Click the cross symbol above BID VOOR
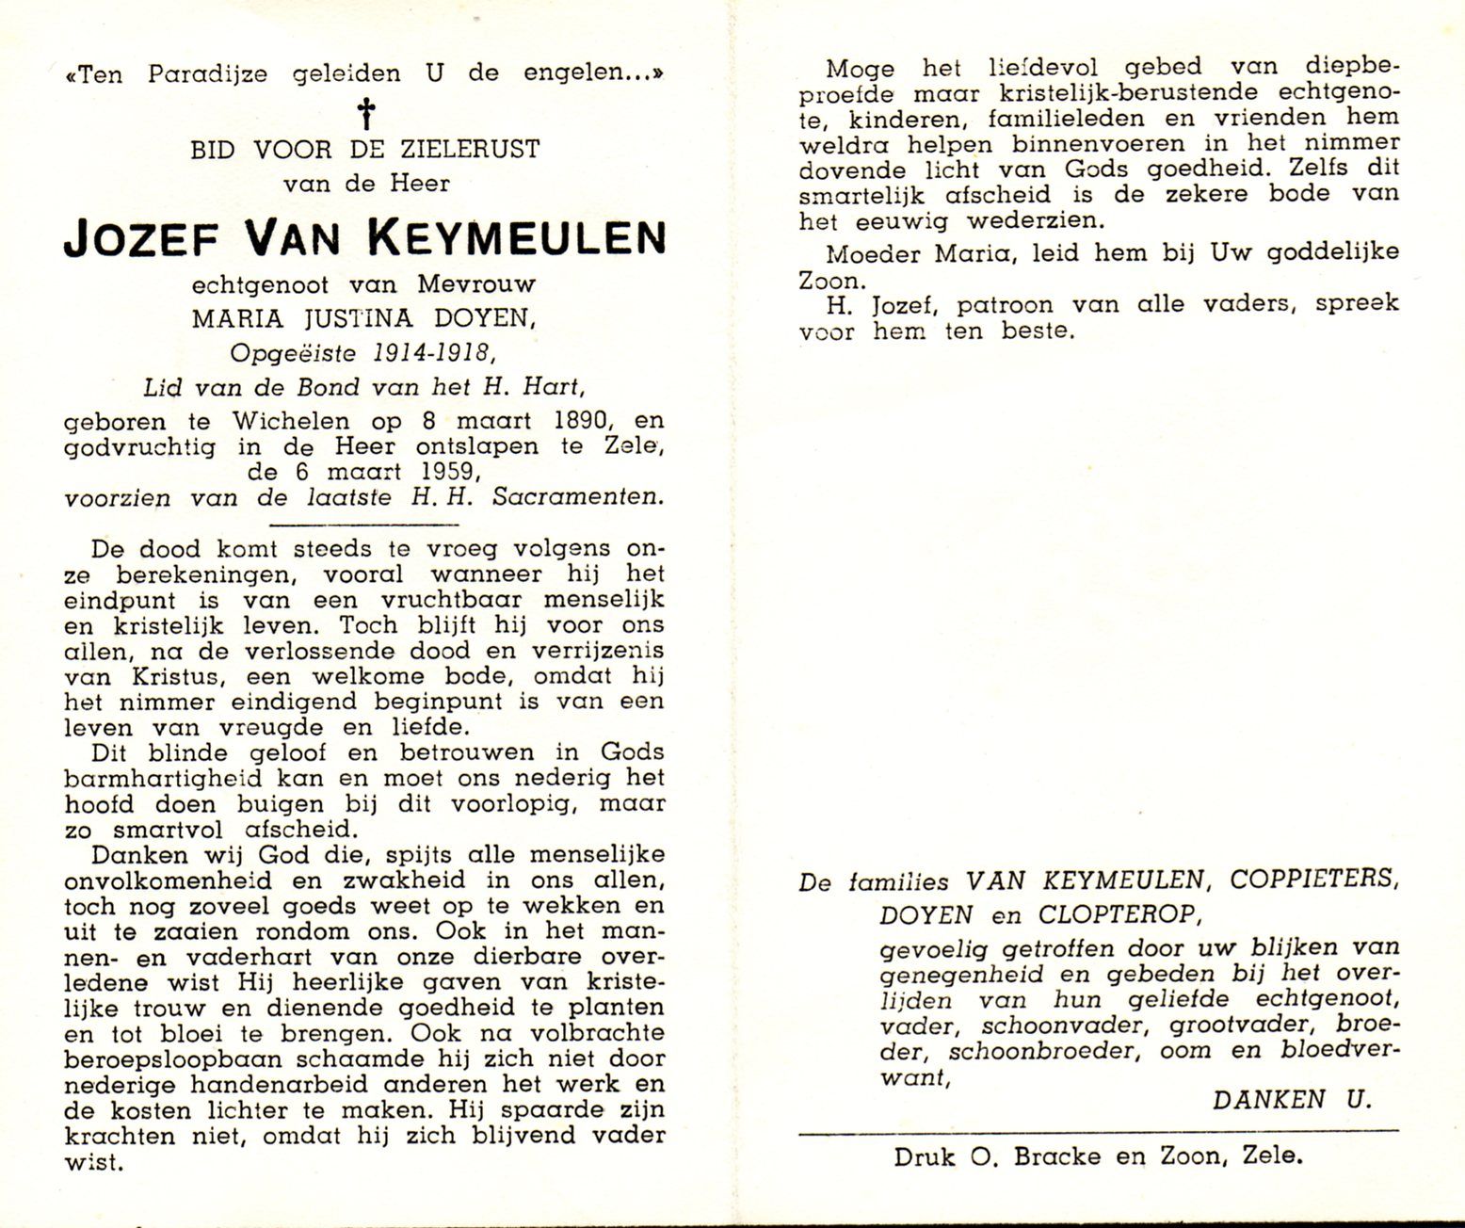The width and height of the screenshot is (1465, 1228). coord(364,116)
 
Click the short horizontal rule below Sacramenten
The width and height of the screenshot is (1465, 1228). coord(363,524)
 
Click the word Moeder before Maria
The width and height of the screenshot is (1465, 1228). coord(868,252)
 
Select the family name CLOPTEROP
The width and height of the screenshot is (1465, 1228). coord(1118,913)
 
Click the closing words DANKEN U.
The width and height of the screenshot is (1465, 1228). coord(1292,1098)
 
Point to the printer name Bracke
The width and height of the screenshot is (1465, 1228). coord(1061,1155)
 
